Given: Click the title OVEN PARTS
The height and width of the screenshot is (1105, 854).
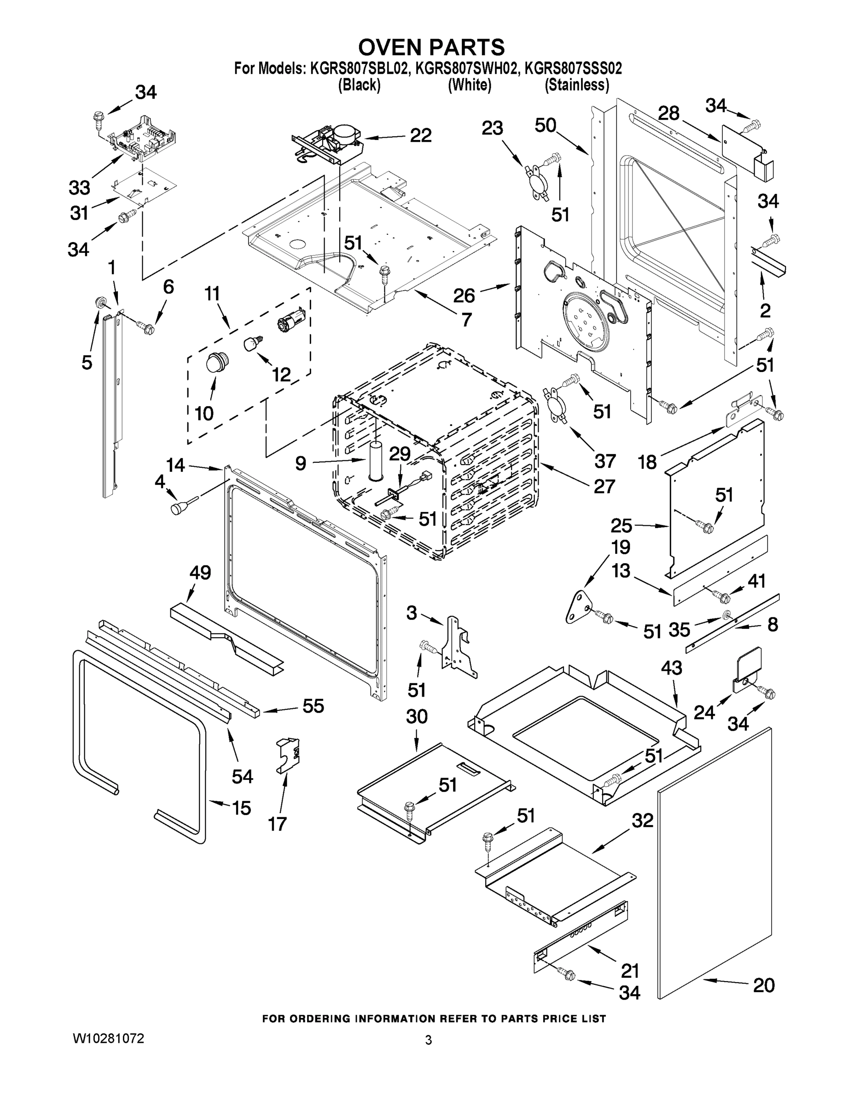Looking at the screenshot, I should (431, 47).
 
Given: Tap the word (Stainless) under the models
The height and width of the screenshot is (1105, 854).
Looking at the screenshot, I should (576, 85).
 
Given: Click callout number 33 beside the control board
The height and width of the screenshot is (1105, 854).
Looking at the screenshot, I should (80, 187).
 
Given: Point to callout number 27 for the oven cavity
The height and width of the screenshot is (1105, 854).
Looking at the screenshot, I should (604, 486).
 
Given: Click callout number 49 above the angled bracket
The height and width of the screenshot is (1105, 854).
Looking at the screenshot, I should (200, 573).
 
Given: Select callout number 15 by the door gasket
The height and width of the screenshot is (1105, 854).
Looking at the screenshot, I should (241, 808).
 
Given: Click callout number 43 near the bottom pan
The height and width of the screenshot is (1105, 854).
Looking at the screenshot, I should (671, 668).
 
